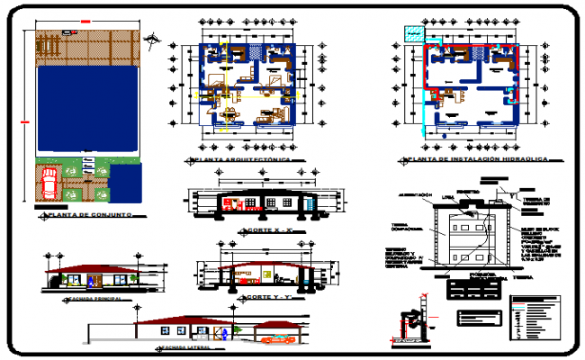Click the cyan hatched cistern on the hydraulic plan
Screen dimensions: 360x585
[413, 35]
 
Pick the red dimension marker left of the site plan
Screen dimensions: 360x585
[24, 121]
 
